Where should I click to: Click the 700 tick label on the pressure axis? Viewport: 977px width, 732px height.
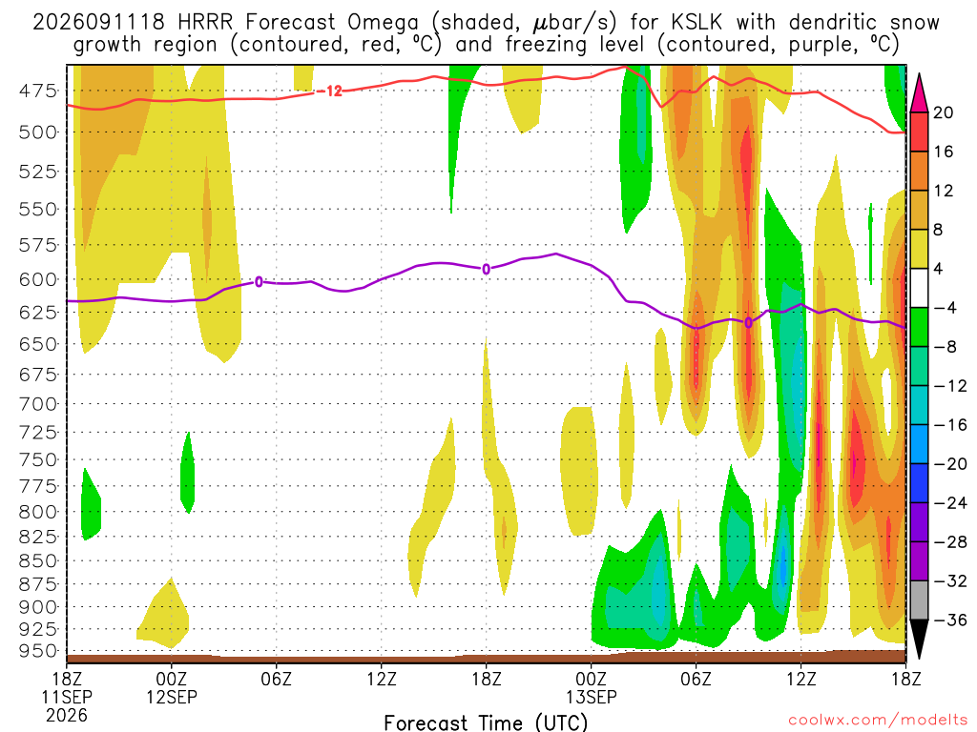[x=37, y=404]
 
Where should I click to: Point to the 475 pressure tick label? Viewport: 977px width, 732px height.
[x=37, y=91]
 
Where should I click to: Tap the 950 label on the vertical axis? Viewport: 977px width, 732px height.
[x=37, y=651]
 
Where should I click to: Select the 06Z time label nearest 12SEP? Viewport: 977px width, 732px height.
[x=276, y=679]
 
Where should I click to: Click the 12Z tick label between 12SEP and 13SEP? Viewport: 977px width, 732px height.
[x=382, y=679]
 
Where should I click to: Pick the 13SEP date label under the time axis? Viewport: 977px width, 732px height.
[x=592, y=697]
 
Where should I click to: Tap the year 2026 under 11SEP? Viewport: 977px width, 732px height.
[x=67, y=715]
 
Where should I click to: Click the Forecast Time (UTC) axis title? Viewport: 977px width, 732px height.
[x=486, y=722]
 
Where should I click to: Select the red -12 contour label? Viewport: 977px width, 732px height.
[x=330, y=91]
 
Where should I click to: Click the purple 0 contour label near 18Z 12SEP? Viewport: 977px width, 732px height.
[x=486, y=270]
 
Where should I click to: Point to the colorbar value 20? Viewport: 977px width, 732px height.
[x=944, y=112]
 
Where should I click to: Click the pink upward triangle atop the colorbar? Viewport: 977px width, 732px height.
[x=919, y=92]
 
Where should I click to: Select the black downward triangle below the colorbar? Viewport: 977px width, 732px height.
[x=919, y=640]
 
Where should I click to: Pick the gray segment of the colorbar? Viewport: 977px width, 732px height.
[x=919, y=600]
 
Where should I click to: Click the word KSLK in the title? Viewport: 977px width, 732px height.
[x=696, y=23]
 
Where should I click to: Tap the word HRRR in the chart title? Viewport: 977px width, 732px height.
[x=205, y=23]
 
